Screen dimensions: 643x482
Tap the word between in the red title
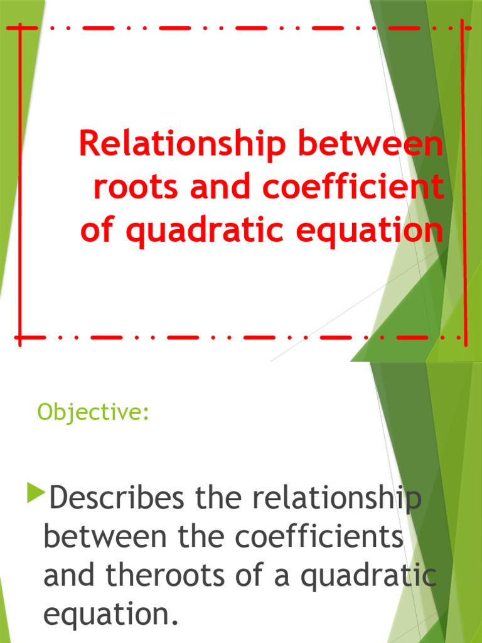point(370,146)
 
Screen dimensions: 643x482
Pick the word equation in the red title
point(363,231)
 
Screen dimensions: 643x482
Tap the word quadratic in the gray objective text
point(368,577)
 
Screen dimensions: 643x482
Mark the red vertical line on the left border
point(19,182)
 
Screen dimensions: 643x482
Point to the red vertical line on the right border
point(464,182)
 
